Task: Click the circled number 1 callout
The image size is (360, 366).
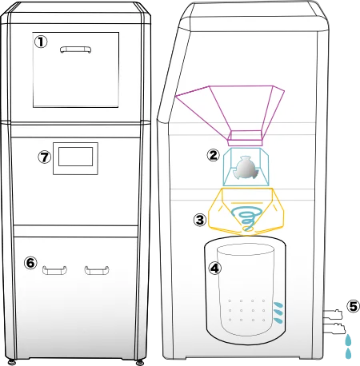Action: pyautogui.click(x=41, y=42)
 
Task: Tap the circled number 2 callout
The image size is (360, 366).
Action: pyautogui.click(x=213, y=155)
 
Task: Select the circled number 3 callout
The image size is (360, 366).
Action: pyautogui.click(x=200, y=220)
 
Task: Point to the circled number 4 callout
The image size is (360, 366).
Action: pyautogui.click(x=214, y=268)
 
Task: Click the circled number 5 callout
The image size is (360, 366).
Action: pyautogui.click(x=354, y=306)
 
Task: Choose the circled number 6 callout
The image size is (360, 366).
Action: pyautogui.click(x=30, y=263)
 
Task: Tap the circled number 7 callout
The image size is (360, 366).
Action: pyautogui.click(x=45, y=157)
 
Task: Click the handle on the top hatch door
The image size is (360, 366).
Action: pyautogui.click(x=75, y=50)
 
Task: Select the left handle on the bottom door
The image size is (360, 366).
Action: pyautogui.click(x=54, y=270)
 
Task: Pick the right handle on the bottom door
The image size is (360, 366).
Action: pyautogui.click(x=97, y=270)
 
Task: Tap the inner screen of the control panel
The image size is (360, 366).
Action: pyautogui.click(x=75, y=157)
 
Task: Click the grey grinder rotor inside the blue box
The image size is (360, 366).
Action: pyautogui.click(x=246, y=168)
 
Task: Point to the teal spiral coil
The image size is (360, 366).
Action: pyautogui.click(x=246, y=218)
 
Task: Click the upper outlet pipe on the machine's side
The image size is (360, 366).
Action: pyautogui.click(x=333, y=315)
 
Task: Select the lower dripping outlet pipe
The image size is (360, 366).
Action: pyautogui.click(x=334, y=328)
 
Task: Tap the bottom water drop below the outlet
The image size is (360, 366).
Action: pyautogui.click(x=348, y=353)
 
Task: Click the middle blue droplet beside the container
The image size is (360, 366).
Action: pyautogui.click(x=278, y=312)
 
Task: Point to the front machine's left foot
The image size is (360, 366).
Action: pyautogui.click(x=11, y=362)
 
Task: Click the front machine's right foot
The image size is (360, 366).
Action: pyautogui.click(x=139, y=362)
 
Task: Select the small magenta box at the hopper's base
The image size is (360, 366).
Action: pyautogui.click(x=245, y=138)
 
